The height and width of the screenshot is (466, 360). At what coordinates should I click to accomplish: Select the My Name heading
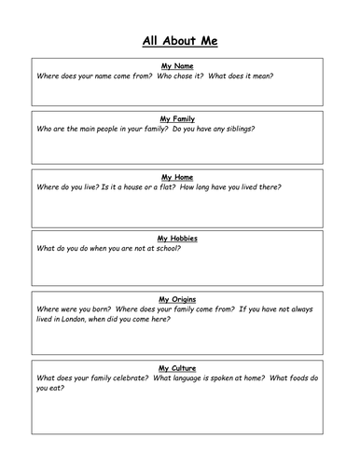coord(177,66)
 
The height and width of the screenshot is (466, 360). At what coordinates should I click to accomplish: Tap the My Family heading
coord(177,119)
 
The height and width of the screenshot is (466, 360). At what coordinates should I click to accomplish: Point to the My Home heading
coord(177,177)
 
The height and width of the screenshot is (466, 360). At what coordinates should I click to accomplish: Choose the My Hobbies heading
coord(177,239)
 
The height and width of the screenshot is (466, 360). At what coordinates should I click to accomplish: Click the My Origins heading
coord(177,298)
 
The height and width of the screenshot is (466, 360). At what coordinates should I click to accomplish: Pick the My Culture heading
coord(177,368)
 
